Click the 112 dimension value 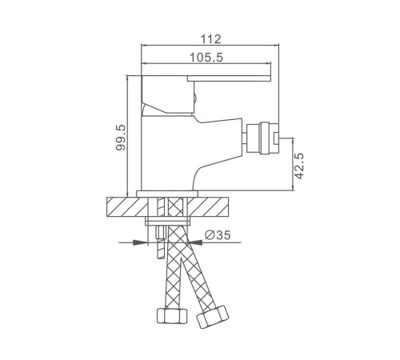coord(210,39)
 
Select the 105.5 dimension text coord(206,58)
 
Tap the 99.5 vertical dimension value coord(121,138)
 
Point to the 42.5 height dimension coord(299,166)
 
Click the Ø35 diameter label coord(218,235)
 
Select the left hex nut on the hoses coord(172,316)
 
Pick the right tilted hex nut coord(213,317)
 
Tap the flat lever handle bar coord(229,78)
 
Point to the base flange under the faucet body coord(167,194)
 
